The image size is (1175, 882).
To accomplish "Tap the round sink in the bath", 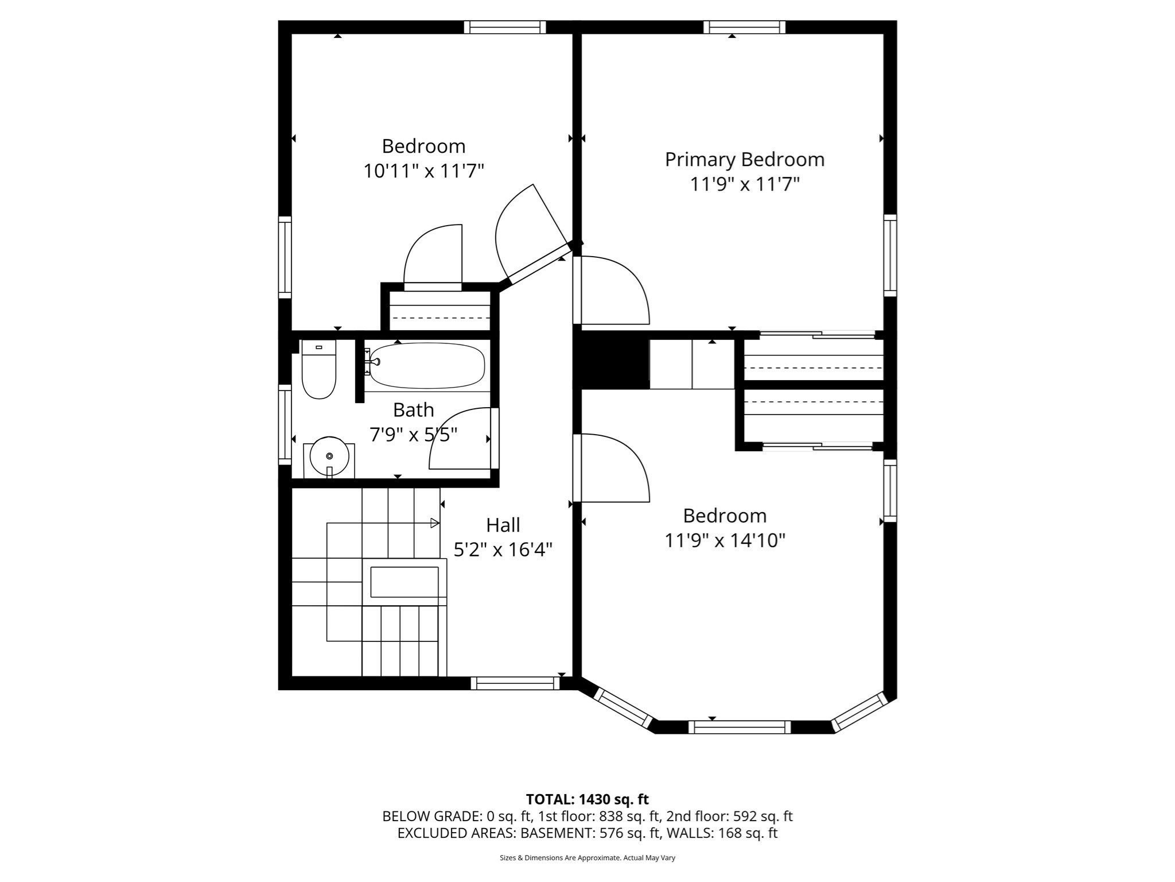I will click(x=329, y=457).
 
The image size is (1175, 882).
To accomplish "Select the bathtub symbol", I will click(x=427, y=366).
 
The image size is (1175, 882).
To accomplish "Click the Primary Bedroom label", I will click(x=744, y=160).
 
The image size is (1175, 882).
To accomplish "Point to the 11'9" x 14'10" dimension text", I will click(x=725, y=541).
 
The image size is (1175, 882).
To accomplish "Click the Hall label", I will click(x=503, y=525).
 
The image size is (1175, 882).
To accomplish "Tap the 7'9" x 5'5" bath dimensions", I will click(x=413, y=435).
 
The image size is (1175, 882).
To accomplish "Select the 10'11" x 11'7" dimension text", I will click(x=423, y=171).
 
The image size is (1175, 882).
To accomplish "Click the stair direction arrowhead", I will click(x=435, y=523).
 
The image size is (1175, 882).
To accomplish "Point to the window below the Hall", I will click(x=515, y=683).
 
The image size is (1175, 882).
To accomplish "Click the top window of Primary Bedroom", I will click(x=744, y=27).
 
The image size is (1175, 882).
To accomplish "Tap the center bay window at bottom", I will click(x=739, y=728).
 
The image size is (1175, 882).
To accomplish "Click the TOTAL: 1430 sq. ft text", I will click(x=587, y=799).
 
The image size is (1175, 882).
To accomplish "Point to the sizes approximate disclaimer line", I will click(x=587, y=858).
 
